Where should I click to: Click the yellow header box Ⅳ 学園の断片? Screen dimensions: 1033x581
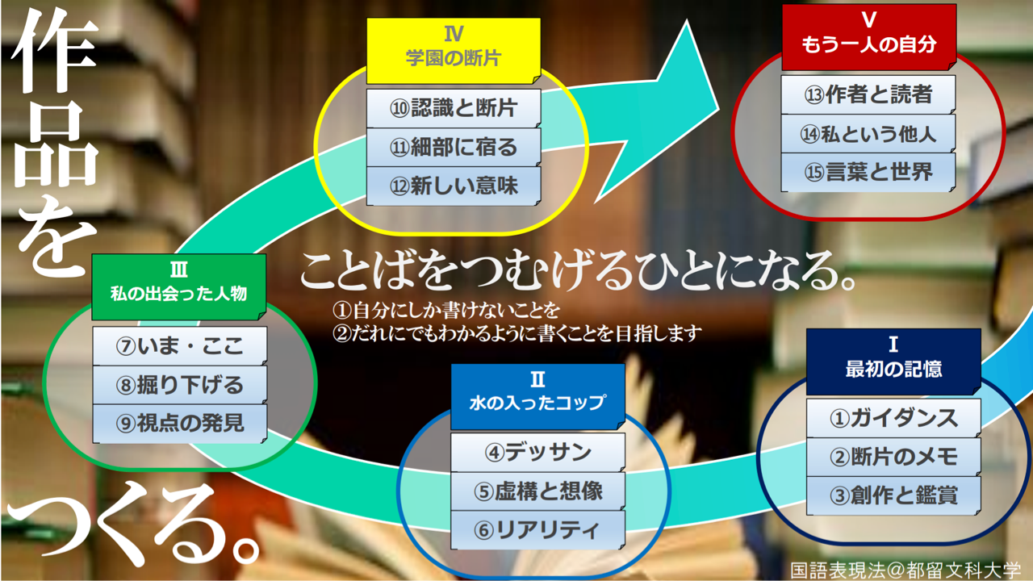tap(454, 51)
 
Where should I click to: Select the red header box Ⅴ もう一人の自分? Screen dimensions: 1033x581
tap(869, 37)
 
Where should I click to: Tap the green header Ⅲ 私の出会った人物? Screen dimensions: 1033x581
tap(179, 286)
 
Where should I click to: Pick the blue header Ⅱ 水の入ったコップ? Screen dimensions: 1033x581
tap(537, 396)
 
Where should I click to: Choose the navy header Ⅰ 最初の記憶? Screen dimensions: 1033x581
tap(893, 362)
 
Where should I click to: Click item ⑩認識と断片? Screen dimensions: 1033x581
tap(454, 108)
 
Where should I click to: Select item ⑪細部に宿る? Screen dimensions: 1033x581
tap(454, 147)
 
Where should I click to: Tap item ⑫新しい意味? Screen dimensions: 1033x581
tap(454, 186)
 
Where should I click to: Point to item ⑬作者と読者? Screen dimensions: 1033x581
tap(868, 94)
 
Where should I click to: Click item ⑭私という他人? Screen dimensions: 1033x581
tap(868, 133)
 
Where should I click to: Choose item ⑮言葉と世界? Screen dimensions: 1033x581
tap(868, 172)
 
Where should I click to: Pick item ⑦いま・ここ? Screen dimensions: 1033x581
tap(180, 346)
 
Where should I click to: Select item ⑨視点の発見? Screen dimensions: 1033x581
tap(180, 424)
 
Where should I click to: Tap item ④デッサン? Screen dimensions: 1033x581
tap(537, 452)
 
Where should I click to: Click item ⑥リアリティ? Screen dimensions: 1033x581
tap(537, 530)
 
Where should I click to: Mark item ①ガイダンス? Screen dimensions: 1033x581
tap(893, 418)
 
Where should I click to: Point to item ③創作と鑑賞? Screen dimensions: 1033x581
tap(893, 495)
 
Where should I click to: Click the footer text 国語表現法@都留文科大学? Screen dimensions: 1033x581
tap(905, 571)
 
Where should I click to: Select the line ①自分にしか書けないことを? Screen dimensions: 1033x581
tap(446, 311)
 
